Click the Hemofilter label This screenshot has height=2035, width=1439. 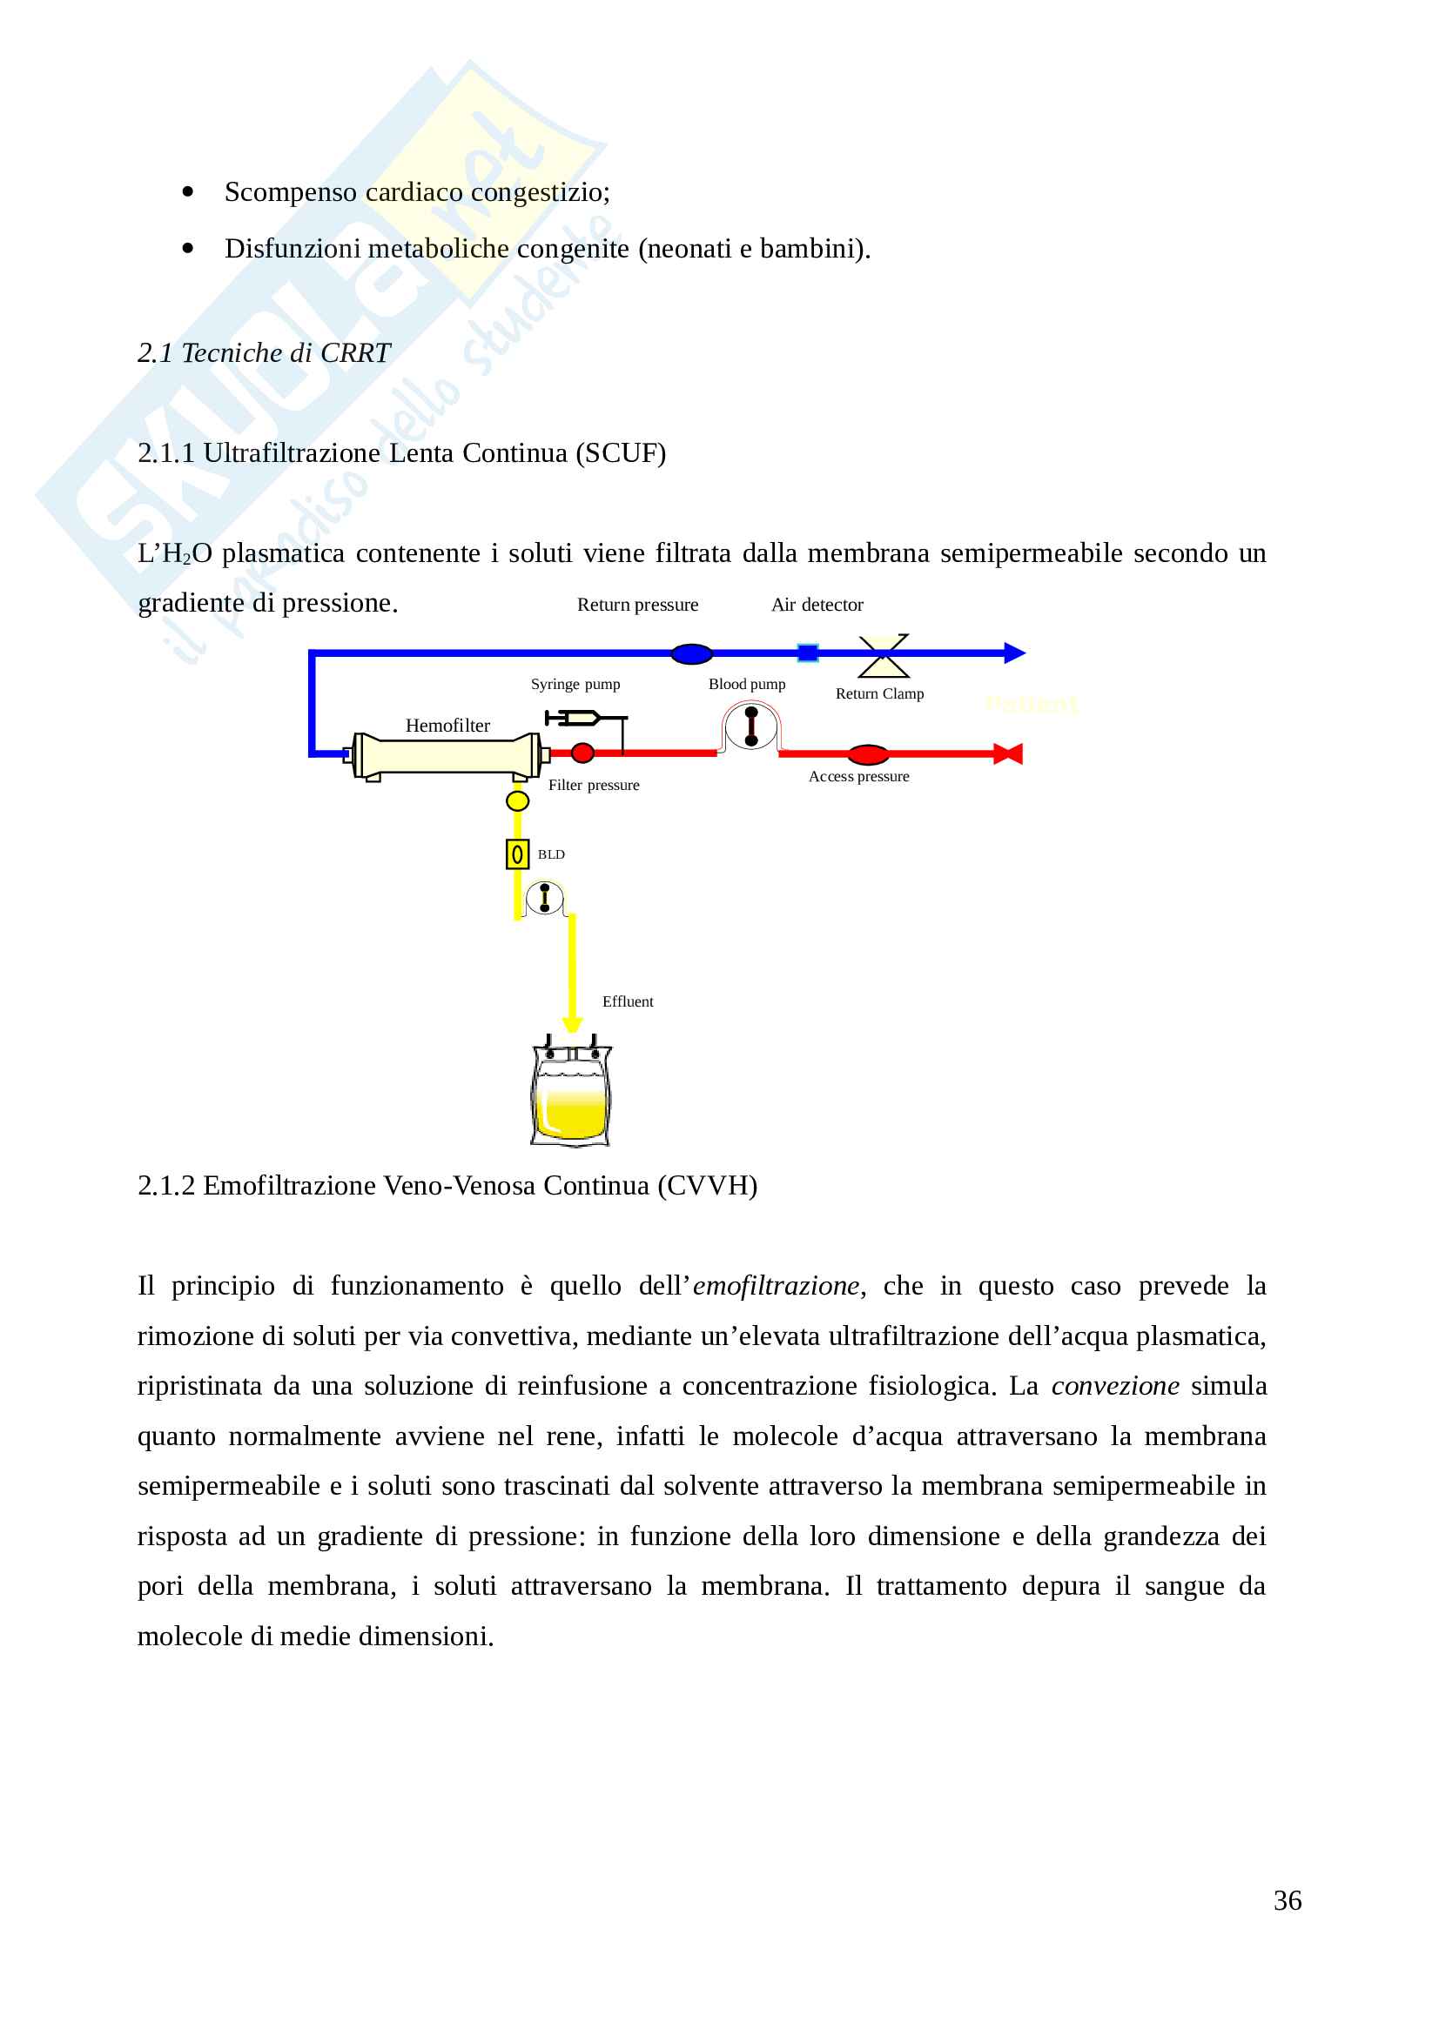pyautogui.click(x=447, y=725)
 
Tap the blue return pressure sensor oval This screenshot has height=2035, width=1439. pyautogui.click(x=690, y=654)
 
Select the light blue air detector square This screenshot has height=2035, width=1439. pyautogui.click(x=807, y=653)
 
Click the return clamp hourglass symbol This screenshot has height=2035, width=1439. pyautogui.click(x=883, y=655)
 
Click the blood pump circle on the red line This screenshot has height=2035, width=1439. pyautogui.click(x=750, y=726)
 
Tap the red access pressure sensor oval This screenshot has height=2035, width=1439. pyautogui.click(x=868, y=754)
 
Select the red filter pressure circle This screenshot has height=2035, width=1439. pyautogui.click(x=582, y=753)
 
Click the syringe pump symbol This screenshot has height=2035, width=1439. pyautogui.click(x=576, y=717)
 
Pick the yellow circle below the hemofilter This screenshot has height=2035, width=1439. pyautogui.click(x=517, y=801)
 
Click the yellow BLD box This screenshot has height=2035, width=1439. pyautogui.click(x=517, y=854)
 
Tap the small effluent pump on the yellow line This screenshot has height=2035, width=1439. pyautogui.click(x=544, y=898)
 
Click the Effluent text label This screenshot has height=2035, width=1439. pyautogui.click(x=627, y=1001)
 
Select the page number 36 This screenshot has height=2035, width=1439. pyautogui.click(x=1287, y=1900)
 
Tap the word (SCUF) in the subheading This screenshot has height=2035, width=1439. pyautogui.click(x=621, y=453)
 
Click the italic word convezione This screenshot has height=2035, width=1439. pyautogui.click(x=1114, y=1385)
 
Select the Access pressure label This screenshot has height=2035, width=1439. pyautogui.click(x=858, y=776)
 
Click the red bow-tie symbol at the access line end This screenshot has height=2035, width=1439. pyautogui.click(x=1008, y=754)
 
